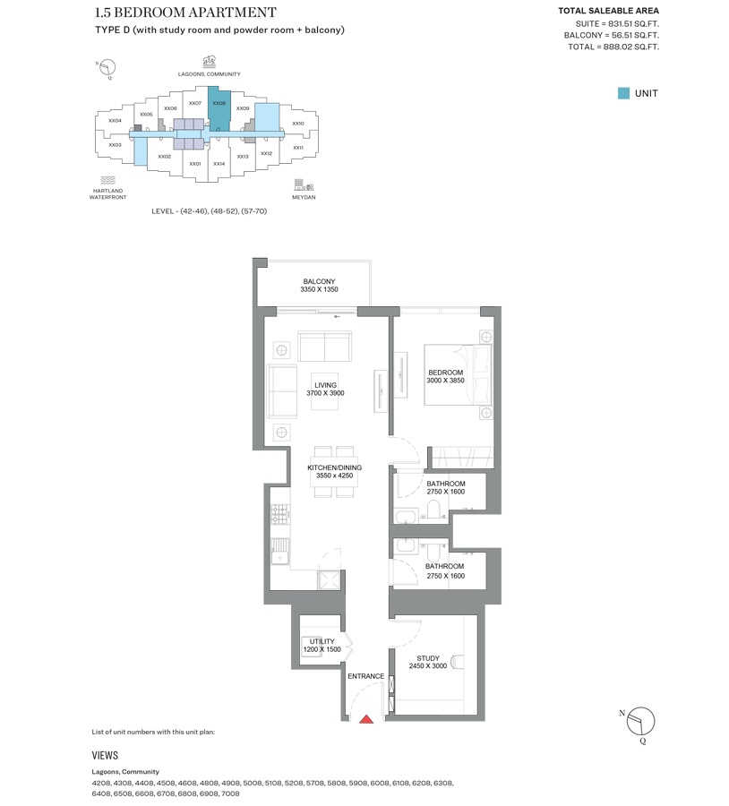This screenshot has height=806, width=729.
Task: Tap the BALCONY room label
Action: tap(319, 281)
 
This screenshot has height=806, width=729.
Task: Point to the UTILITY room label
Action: tap(322, 641)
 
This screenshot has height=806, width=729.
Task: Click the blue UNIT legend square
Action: tap(623, 93)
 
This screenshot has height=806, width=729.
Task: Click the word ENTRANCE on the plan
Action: tap(366, 676)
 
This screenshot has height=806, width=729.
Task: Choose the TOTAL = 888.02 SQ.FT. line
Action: tap(613, 47)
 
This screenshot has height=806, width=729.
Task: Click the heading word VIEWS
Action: tap(105, 756)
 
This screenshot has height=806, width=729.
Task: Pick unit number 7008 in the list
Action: tap(230, 793)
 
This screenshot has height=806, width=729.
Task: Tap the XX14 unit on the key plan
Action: tap(219, 164)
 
